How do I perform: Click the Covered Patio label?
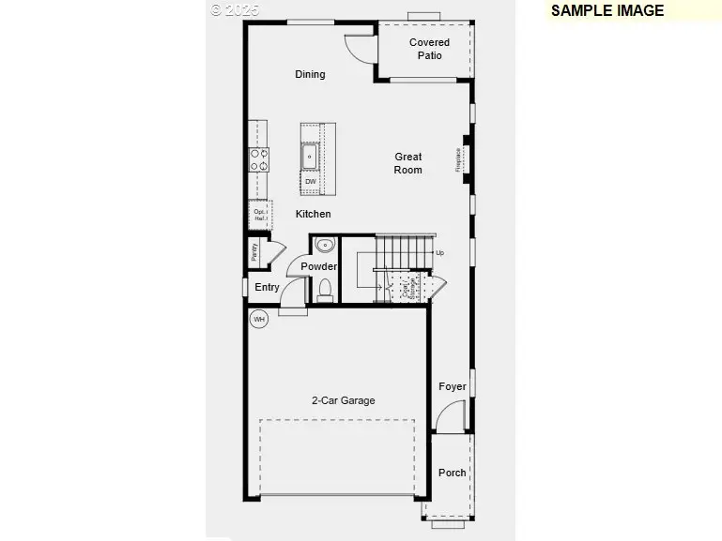[x=429, y=49]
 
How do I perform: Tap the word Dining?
[x=310, y=74]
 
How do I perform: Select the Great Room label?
[x=407, y=163]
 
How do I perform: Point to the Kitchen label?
[x=313, y=214]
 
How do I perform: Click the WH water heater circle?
[x=259, y=319]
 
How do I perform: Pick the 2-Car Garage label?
[x=343, y=400]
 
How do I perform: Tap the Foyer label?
[x=452, y=386]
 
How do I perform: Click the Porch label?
[x=452, y=473]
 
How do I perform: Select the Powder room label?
[x=318, y=267]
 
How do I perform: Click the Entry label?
[x=267, y=287]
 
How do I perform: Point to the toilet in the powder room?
[x=326, y=289]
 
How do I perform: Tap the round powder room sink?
[x=325, y=247]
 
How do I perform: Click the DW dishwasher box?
[x=310, y=182]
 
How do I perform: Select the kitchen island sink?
[x=310, y=154]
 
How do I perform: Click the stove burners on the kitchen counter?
[x=258, y=159]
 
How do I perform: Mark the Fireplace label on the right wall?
[x=459, y=159]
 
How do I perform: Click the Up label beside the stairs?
[x=439, y=253]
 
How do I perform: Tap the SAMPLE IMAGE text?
[x=607, y=11]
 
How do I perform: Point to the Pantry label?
[x=254, y=252]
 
